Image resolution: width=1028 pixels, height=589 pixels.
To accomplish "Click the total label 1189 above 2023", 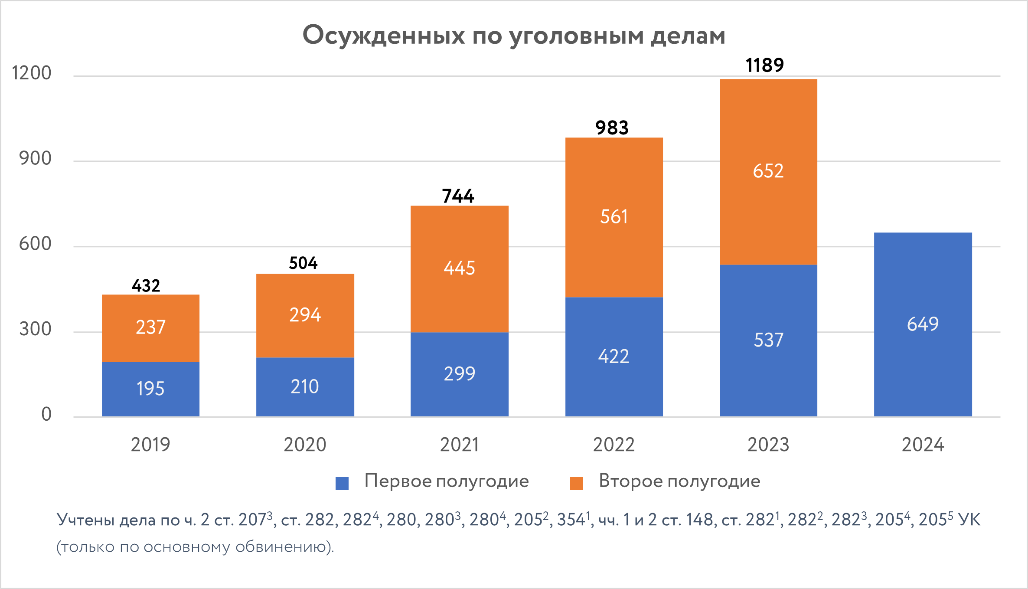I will (x=764, y=65).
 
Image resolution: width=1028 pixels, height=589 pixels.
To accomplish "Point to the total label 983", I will (x=612, y=128).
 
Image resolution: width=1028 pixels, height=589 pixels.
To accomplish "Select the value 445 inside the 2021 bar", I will (x=459, y=268).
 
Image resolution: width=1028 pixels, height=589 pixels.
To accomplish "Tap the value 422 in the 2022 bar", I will (x=614, y=357).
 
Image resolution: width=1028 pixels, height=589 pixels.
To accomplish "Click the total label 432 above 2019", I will (x=146, y=286).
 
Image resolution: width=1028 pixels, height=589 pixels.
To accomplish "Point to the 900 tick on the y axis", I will (x=35, y=159).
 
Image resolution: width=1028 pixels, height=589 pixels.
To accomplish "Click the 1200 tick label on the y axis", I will (x=31, y=73).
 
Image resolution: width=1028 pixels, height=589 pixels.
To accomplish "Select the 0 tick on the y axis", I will (x=46, y=415).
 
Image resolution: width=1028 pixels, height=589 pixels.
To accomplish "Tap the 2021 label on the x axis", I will (x=459, y=445).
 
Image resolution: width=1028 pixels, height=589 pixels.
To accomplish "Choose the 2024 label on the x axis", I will (x=923, y=445).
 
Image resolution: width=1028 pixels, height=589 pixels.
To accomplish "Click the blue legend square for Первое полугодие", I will (x=342, y=484).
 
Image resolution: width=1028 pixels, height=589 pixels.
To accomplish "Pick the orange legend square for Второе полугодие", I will (x=576, y=484).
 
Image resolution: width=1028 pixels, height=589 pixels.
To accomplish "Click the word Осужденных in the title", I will (x=383, y=36).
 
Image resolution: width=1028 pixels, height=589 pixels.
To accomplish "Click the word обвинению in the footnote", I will (x=284, y=547).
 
